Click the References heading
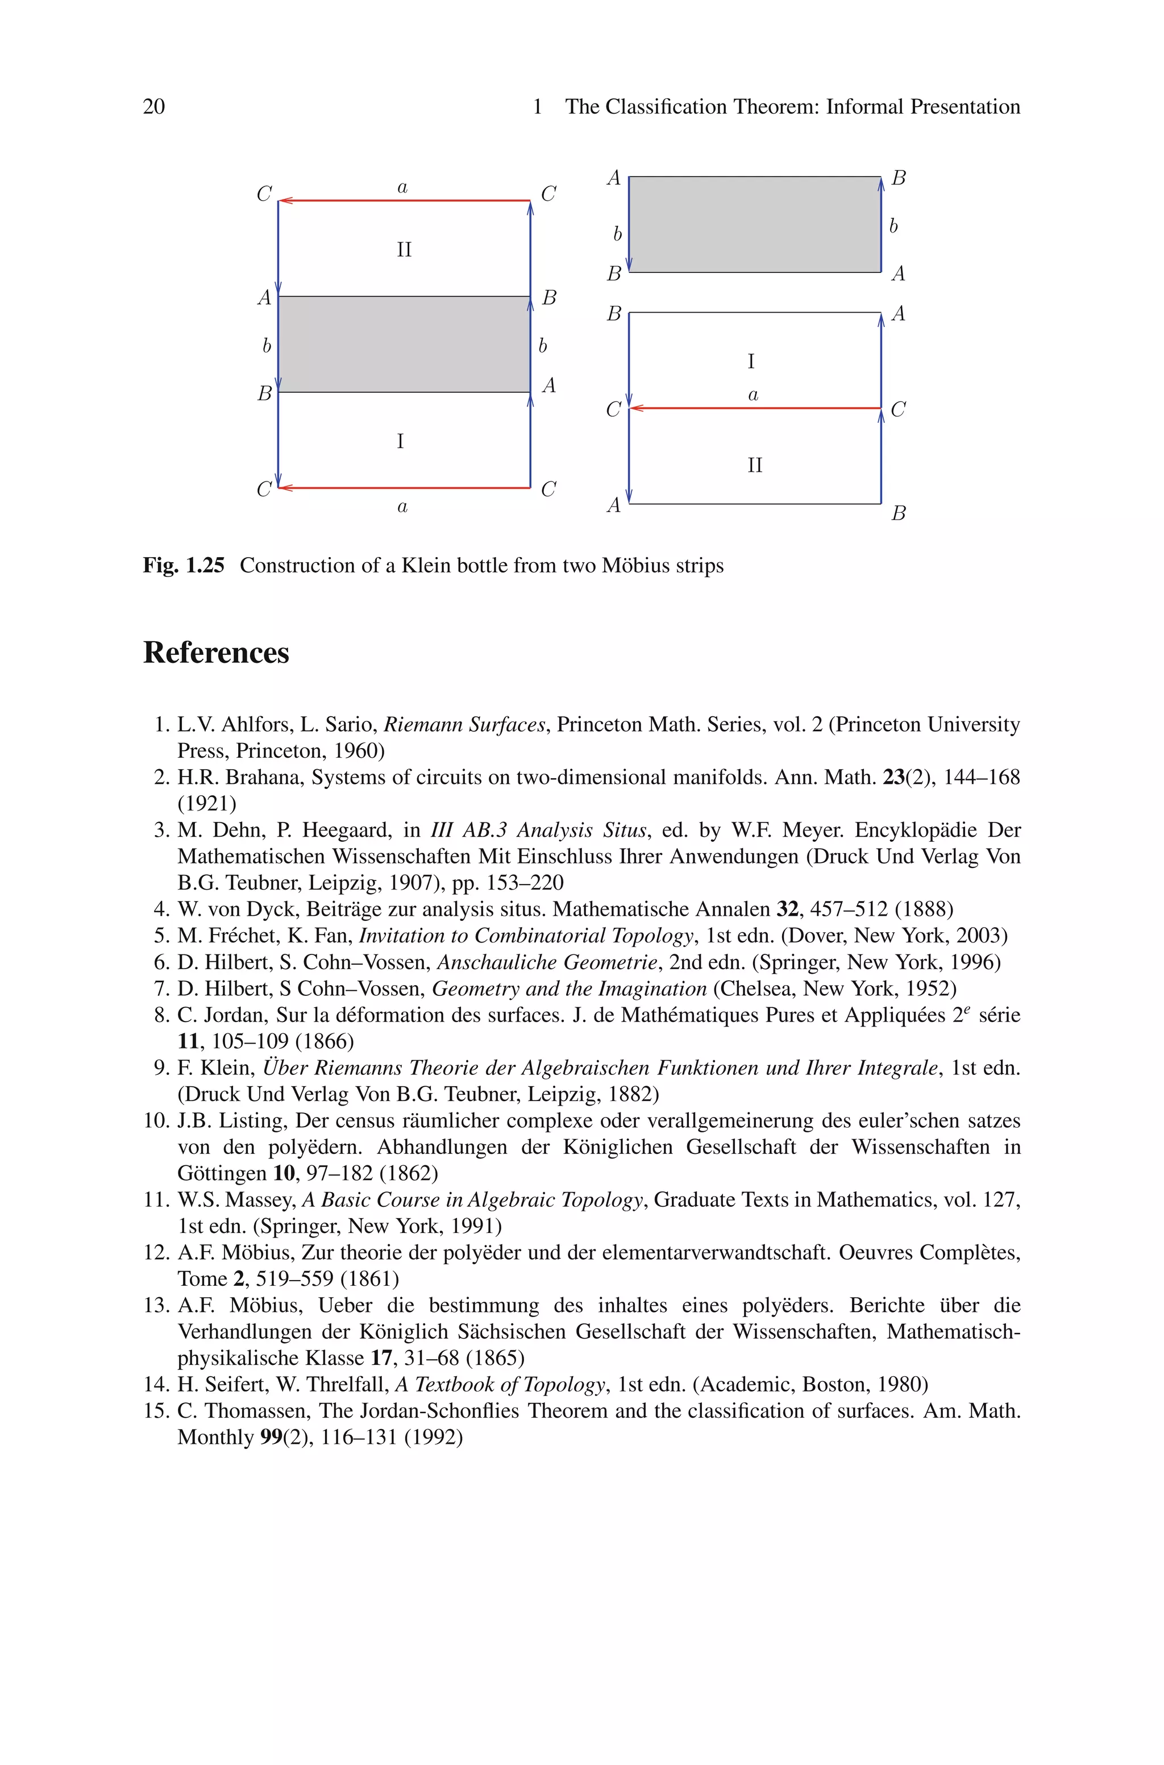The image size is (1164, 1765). click(x=216, y=653)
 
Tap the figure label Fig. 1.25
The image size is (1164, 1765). click(x=184, y=566)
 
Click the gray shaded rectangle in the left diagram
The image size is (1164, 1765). click(x=404, y=344)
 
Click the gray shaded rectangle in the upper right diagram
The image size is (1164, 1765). click(x=754, y=224)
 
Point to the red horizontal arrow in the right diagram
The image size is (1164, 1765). click(x=754, y=408)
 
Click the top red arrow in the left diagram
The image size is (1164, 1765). click(x=404, y=201)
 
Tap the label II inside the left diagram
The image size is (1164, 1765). click(x=404, y=250)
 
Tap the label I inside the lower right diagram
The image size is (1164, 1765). click(x=750, y=362)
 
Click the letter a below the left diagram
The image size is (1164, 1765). click(x=402, y=508)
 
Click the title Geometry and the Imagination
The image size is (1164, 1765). click(x=568, y=989)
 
